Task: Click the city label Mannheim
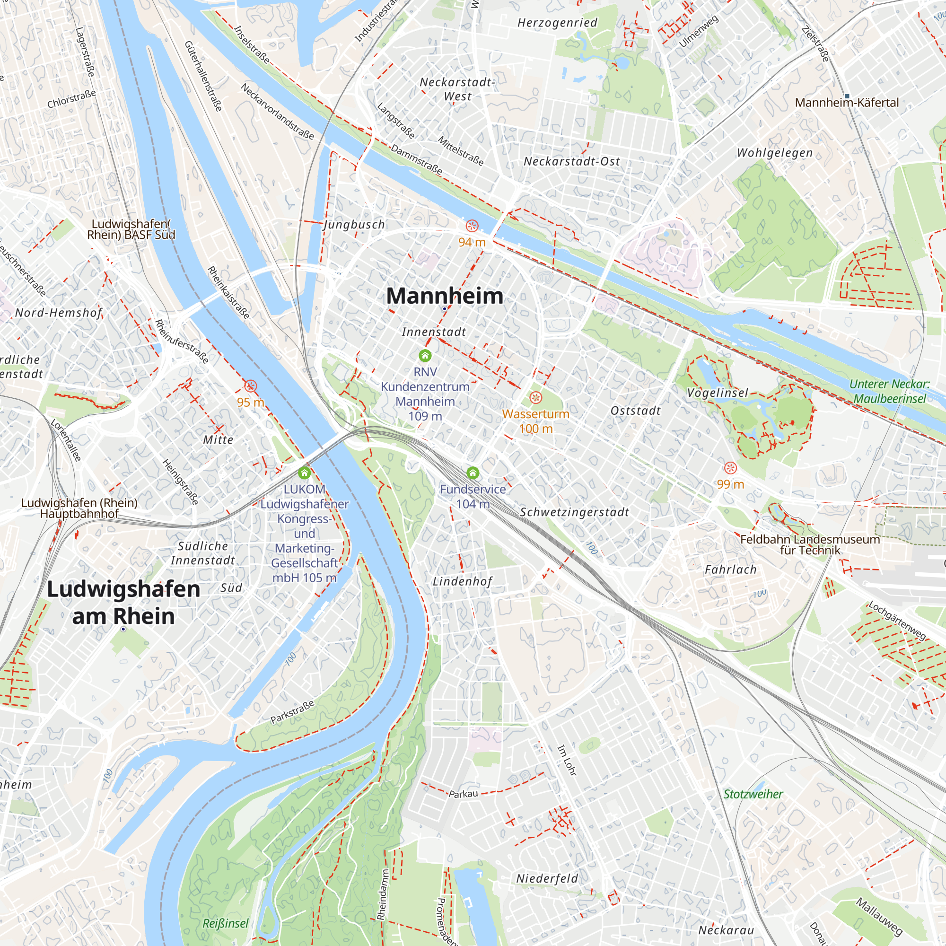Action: tap(444, 296)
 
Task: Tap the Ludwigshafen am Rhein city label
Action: tap(123, 602)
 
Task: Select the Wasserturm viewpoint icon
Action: tap(536, 397)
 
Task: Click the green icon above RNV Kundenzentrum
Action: tap(425, 355)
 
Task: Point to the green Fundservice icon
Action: tap(472, 473)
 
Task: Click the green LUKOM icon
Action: tap(304, 473)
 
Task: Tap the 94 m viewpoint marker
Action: tap(472, 226)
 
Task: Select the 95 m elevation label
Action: tap(250, 402)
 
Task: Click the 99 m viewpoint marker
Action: tap(730, 468)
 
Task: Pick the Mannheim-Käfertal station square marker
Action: tap(847, 96)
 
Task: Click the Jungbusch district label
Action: tap(354, 225)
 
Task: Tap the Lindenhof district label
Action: tap(462, 581)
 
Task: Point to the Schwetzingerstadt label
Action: tap(574, 512)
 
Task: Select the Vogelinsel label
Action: tap(718, 393)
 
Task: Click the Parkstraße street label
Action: tap(292, 712)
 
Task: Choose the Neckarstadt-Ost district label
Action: tap(571, 161)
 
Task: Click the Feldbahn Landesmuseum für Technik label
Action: tap(810, 544)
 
